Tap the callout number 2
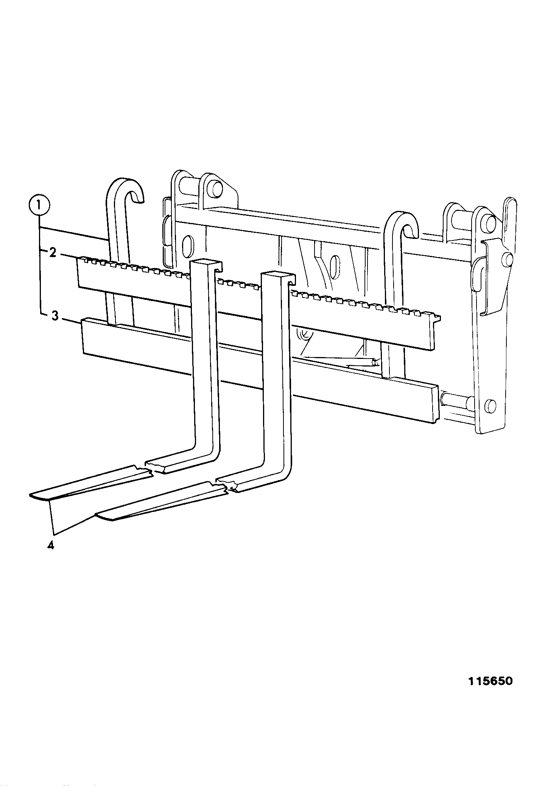[53, 252]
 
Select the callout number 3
[55, 316]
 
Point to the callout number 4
[51, 546]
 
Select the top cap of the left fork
[206, 264]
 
